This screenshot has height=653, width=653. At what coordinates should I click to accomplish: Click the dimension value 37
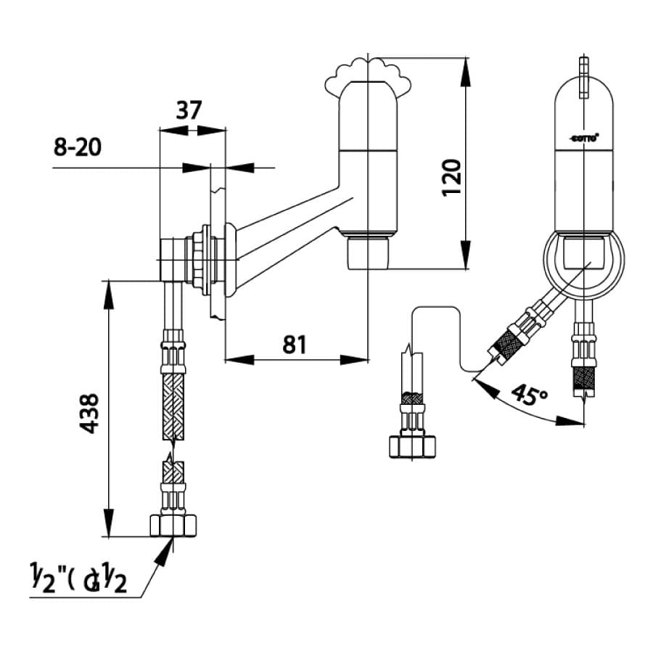pos(189,110)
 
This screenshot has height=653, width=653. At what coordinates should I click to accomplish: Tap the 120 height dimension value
pos(451,176)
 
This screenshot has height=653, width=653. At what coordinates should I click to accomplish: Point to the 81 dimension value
pos(294,344)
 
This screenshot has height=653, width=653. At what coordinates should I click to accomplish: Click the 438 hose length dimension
pos(89,414)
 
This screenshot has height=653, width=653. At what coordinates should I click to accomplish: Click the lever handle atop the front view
pos(583,76)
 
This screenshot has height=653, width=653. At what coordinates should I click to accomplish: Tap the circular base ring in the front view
pos(584,265)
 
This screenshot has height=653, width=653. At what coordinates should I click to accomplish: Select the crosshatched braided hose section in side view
pos(173,406)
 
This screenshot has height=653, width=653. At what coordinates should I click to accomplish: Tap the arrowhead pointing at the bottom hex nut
pos(165,553)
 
